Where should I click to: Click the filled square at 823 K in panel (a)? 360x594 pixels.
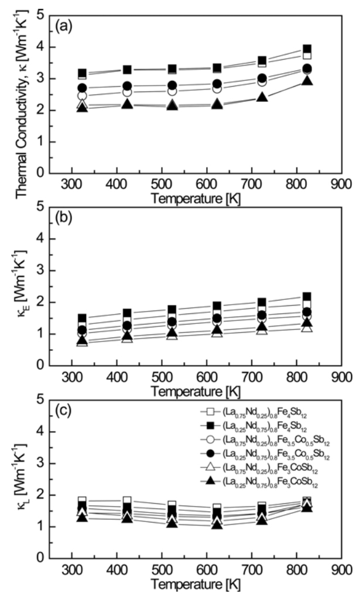coord(307,49)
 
